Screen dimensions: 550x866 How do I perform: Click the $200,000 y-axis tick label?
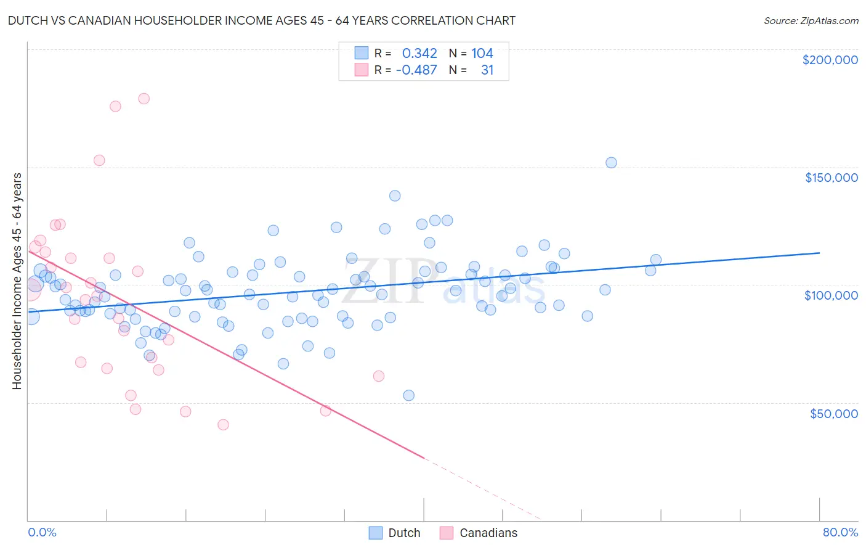830,60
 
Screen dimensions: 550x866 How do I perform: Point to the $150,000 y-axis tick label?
831,178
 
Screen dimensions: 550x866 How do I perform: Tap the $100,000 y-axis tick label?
831,295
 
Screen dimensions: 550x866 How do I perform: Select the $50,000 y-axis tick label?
833,413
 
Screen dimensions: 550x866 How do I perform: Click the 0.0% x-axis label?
42,532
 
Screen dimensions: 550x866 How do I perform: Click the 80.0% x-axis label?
840,532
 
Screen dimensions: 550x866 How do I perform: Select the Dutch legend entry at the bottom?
395,533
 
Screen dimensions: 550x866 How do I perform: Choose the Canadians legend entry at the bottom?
479,533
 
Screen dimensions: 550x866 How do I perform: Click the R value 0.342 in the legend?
419,54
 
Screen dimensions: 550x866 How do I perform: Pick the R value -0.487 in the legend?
416,70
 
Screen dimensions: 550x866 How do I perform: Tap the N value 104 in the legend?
482,54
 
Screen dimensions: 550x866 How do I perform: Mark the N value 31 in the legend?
487,70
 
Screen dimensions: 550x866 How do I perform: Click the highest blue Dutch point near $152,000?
611,163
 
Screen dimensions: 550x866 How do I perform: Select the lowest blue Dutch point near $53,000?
408,395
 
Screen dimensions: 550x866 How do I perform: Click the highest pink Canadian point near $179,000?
144,99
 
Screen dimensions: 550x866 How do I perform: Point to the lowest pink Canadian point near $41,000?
223,425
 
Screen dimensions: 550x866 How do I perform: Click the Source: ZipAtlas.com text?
811,21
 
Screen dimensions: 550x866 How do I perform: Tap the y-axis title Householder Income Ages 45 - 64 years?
17,281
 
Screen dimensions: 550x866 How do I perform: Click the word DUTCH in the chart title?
30,20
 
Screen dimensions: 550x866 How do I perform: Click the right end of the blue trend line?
819,253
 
